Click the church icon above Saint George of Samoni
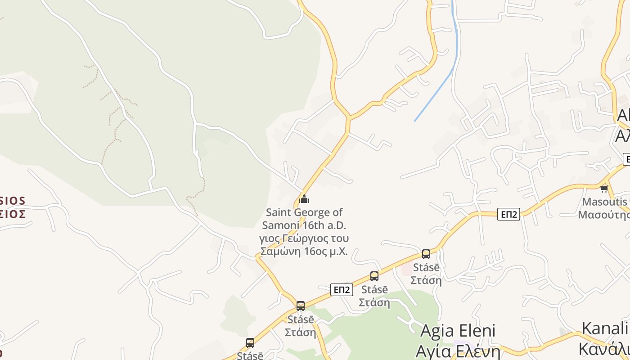coord(304,198)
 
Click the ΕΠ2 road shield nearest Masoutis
coord(508,214)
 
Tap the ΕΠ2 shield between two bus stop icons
coord(342,290)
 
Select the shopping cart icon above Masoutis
coord(604,188)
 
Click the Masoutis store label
coord(604,202)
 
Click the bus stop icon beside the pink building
coord(426,254)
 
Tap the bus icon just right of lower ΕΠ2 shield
coord(374,276)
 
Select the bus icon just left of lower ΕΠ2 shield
coord(301,306)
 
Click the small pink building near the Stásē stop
coord(407,269)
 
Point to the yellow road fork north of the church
coord(348,118)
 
